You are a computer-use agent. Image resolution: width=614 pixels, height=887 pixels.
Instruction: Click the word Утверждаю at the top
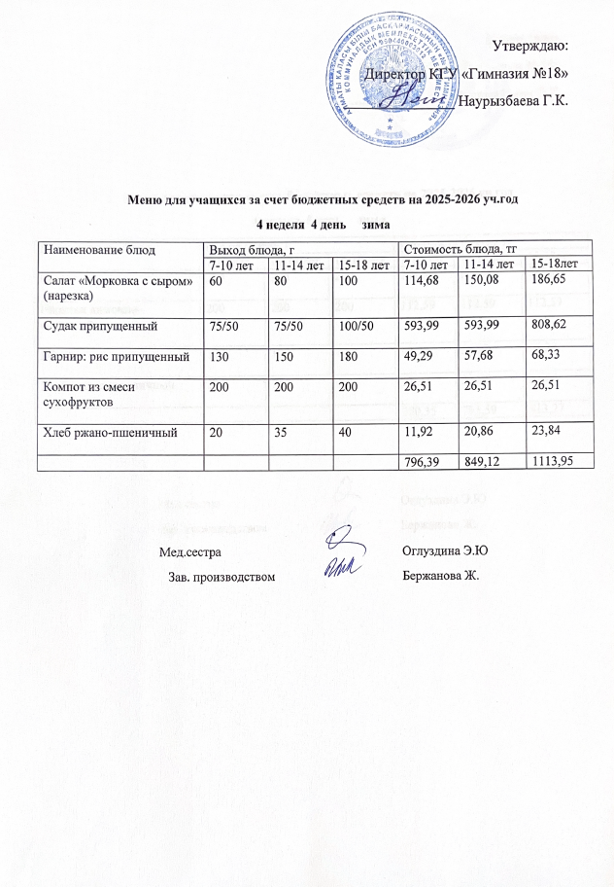(x=530, y=46)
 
